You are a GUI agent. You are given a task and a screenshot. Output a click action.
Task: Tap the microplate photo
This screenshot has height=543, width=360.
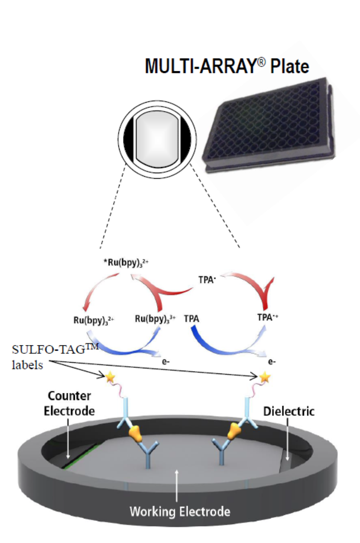tap(270, 125)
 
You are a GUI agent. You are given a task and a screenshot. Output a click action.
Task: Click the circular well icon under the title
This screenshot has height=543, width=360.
tap(157, 139)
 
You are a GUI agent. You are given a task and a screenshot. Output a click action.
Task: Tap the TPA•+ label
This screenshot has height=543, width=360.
tap(267, 317)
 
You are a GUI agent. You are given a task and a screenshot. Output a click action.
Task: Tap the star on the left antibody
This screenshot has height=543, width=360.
tap(110, 378)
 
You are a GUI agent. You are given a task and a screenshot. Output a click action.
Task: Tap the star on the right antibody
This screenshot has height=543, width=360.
tap(265, 377)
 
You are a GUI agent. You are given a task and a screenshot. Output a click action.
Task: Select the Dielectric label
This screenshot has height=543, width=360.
tap(289, 411)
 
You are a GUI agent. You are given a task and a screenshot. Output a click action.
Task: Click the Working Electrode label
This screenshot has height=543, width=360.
tap(180, 512)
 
